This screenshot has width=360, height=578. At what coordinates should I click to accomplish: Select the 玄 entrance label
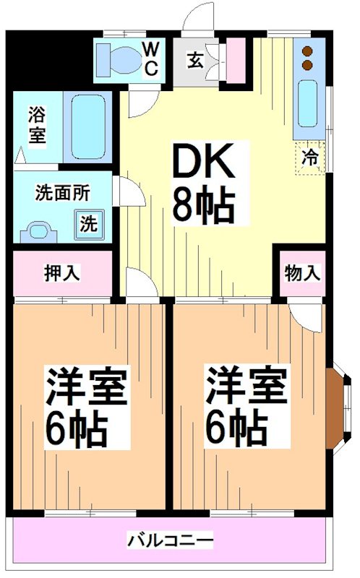click(x=195, y=60)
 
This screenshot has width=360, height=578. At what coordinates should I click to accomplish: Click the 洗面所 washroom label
click(x=63, y=193)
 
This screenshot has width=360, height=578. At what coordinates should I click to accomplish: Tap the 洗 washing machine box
click(x=87, y=223)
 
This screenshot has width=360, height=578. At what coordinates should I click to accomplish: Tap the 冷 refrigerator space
click(x=309, y=156)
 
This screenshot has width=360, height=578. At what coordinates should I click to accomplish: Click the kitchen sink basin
click(x=308, y=103)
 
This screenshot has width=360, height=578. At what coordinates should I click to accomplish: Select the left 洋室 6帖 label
click(x=87, y=408)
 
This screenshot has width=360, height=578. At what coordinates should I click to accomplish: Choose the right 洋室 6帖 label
click(x=246, y=408)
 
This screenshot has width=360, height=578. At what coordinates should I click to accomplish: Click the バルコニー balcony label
click(x=171, y=540)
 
